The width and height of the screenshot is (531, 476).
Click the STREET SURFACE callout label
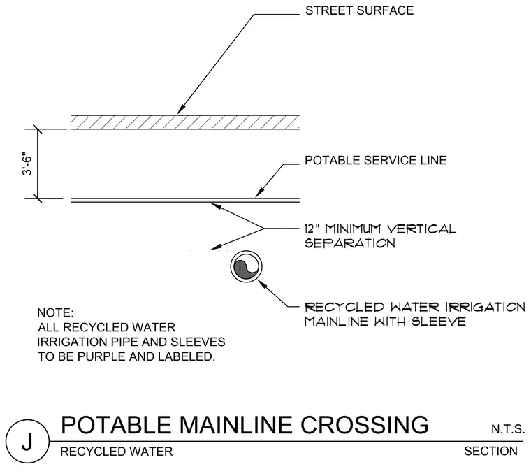(359, 10)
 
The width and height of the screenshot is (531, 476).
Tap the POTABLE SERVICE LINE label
(376, 160)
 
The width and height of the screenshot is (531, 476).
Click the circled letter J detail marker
(27, 441)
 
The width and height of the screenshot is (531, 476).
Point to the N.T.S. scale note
(508, 430)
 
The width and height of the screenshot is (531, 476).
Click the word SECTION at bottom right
(490, 452)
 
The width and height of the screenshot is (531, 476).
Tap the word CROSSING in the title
(365, 425)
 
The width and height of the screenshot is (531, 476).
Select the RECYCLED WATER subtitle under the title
(117, 452)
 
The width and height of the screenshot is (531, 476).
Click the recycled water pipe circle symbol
(247, 266)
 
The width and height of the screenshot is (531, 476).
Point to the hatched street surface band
(185, 122)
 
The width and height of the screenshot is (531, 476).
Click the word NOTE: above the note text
(55, 312)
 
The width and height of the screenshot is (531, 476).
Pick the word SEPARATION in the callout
(350, 243)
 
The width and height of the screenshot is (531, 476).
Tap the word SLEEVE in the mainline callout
(439, 321)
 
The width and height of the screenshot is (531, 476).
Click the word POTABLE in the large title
(116, 425)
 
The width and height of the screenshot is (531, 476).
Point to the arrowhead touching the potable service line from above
(259, 194)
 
